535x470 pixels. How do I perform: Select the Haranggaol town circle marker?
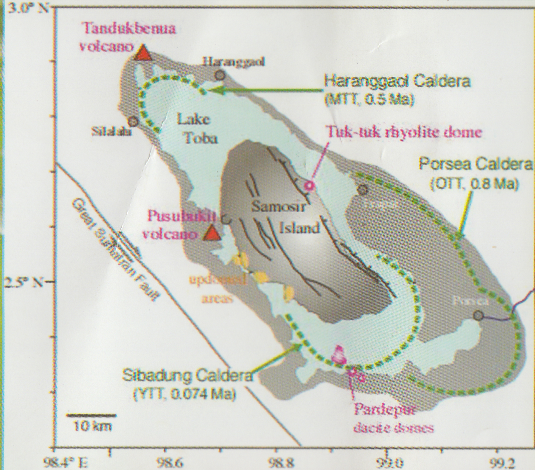[220, 75]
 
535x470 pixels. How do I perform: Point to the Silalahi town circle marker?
[133, 121]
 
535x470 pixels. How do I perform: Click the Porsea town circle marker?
[479, 315]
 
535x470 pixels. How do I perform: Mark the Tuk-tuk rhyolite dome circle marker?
[309, 186]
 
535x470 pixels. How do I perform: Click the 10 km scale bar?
[92, 415]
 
